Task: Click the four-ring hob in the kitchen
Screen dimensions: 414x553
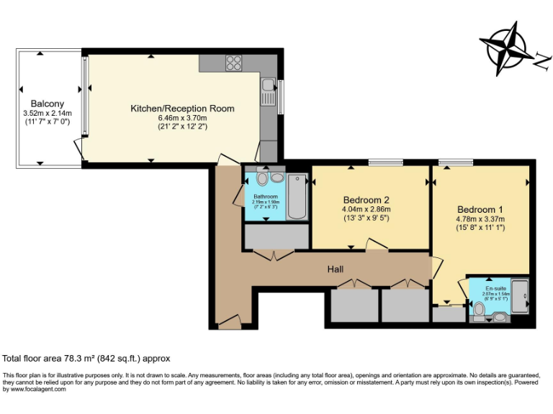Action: click(x=234, y=63)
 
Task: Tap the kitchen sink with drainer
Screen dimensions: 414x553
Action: click(x=268, y=92)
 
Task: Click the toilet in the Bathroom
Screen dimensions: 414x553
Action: click(x=262, y=179)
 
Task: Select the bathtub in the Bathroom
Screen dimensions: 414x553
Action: click(x=297, y=196)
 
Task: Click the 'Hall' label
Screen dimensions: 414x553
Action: click(x=336, y=270)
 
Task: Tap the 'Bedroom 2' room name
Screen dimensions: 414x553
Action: click(x=366, y=200)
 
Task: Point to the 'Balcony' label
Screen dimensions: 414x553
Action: click(x=47, y=103)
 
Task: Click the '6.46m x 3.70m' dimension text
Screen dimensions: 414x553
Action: click(x=182, y=118)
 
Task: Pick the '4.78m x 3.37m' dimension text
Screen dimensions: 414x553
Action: click(x=480, y=219)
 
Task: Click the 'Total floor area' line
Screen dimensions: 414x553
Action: click(x=86, y=358)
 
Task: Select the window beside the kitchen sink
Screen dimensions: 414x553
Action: click(x=280, y=96)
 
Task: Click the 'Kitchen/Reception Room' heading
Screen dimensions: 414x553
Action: click(x=182, y=109)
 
